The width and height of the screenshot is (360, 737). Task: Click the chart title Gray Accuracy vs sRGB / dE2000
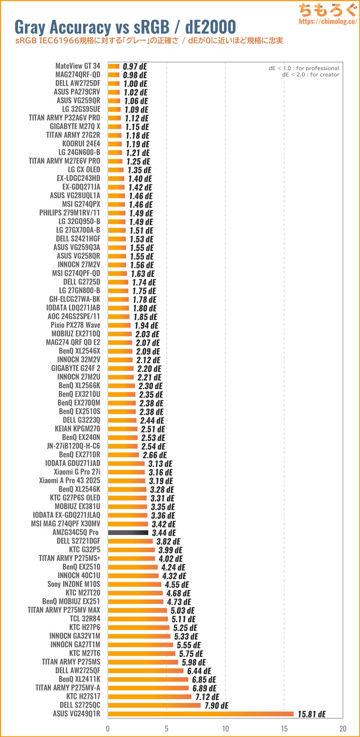tap(125, 27)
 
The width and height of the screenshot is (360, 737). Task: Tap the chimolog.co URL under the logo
tap(328, 21)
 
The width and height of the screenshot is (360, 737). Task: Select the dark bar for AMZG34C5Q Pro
tap(128, 532)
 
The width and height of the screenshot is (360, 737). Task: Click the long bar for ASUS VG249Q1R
tap(200, 714)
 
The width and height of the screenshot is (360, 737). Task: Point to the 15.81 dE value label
tap(311, 714)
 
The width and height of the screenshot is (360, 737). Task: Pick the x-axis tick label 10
tap(225, 728)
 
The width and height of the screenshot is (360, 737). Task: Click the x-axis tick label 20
tap(343, 728)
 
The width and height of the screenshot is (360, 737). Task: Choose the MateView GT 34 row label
tap(78, 66)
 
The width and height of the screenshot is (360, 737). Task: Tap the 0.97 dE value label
tap(135, 67)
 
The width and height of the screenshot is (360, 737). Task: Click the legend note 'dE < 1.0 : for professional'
tap(304, 68)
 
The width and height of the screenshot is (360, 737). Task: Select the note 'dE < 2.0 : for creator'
tap(310, 75)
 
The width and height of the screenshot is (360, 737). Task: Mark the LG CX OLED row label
tap(84, 170)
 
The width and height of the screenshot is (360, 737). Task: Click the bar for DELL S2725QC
tap(154, 705)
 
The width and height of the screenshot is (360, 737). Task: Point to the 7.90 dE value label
tap(216, 706)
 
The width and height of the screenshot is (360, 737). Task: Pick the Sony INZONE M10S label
tap(74, 584)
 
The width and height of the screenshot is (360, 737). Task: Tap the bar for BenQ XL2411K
tap(148, 679)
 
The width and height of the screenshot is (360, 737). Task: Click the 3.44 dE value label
tap(164, 533)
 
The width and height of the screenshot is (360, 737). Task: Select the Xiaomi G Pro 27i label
tap(77, 472)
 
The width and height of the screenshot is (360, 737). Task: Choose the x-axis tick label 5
tap(166, 728)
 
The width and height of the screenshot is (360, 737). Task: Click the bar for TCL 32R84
tap(138, 619)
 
